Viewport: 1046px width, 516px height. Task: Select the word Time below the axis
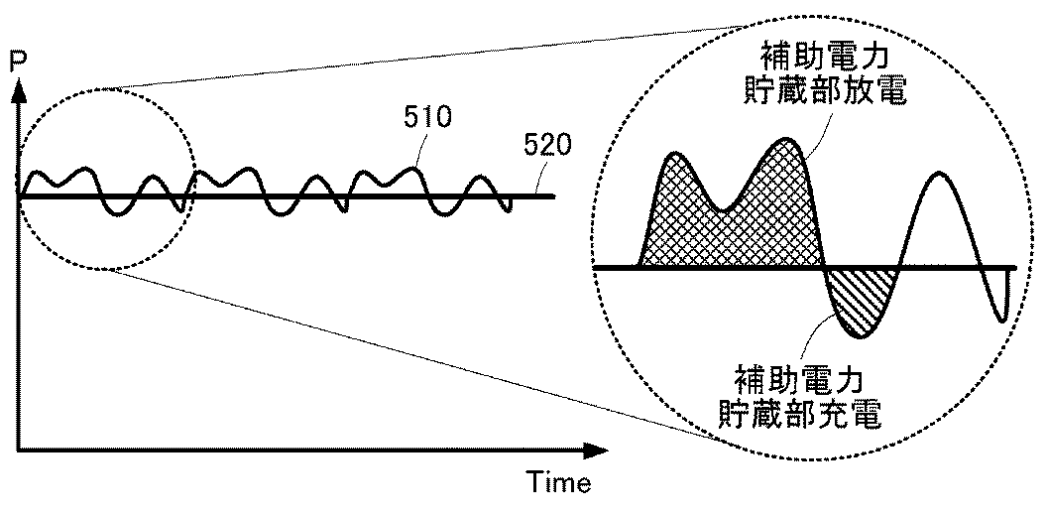tap(558, 483)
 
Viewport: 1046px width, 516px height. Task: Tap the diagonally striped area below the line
tap(860, 298)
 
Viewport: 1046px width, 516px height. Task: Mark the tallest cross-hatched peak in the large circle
tap(787, 140)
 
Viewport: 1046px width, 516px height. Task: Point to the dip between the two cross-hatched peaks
tap(725, 208)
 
